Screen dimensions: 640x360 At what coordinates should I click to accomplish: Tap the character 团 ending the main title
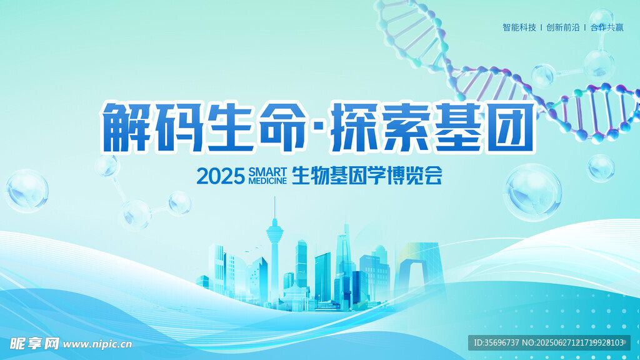pos(511,127)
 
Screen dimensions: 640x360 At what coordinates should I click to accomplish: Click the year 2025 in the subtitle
pos(221,176)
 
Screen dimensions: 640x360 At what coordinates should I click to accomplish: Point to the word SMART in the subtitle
pos(267,172)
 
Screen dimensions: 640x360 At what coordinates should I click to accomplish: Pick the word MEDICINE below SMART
pos(267,181)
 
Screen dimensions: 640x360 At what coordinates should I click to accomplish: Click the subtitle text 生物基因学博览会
pos(367,176)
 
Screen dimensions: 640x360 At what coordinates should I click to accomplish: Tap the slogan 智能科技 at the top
pos(519,27)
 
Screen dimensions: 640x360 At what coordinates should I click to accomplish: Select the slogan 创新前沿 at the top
pos(563,27)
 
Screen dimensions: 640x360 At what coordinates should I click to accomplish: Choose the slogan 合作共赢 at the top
pos(607,27)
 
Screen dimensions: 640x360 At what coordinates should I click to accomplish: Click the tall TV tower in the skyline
pos(275,253)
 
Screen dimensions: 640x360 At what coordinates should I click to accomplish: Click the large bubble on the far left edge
pos(27,191)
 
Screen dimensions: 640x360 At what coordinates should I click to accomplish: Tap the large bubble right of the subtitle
pos(532,192)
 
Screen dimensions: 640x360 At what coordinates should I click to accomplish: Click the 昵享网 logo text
pos(34,344)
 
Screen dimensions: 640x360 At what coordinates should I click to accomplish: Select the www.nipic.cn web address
pos(97,344)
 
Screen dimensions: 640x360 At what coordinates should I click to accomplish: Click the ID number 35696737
pos(502,343)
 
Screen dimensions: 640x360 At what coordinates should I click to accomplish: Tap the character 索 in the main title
pos(405,127)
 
